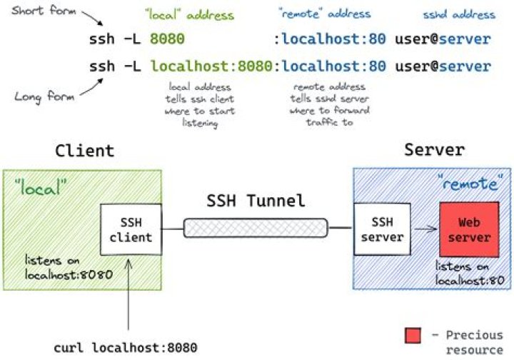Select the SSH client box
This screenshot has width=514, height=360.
131,229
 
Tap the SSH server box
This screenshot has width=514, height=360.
383,229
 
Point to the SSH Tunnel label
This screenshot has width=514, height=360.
256,201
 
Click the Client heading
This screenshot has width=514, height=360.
84,151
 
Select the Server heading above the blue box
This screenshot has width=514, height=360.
434,151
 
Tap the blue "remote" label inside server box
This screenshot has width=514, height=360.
468,184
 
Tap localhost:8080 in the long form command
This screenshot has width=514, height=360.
211,66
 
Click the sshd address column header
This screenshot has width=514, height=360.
468,14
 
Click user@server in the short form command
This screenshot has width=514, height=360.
443,39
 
